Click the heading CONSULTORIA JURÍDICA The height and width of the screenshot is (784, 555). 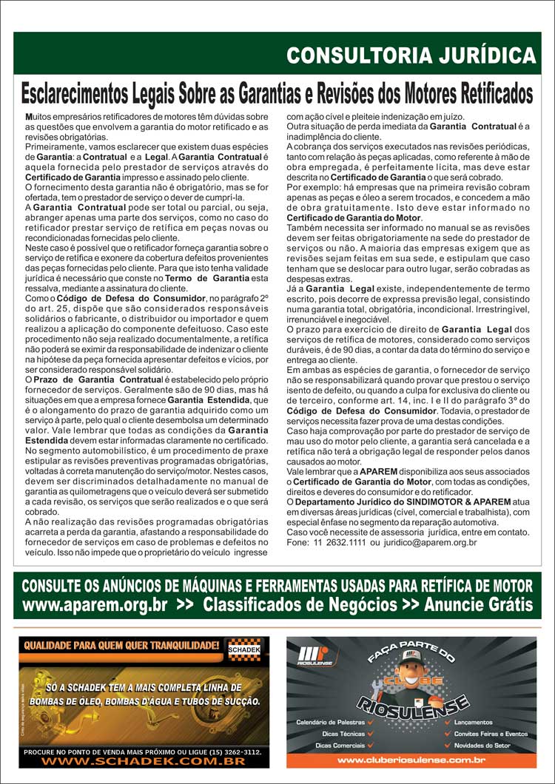click(411, 55)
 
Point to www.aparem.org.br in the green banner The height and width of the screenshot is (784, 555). click(95, 605)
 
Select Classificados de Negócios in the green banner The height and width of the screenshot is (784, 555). click(300, 605)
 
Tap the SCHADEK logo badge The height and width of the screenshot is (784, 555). click(245, 649)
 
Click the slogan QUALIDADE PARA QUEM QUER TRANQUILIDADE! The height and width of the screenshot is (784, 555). click(122, 646)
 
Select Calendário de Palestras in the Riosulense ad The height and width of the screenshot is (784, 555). click(330, 722)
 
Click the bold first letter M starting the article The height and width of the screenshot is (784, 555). click(29, 117)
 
